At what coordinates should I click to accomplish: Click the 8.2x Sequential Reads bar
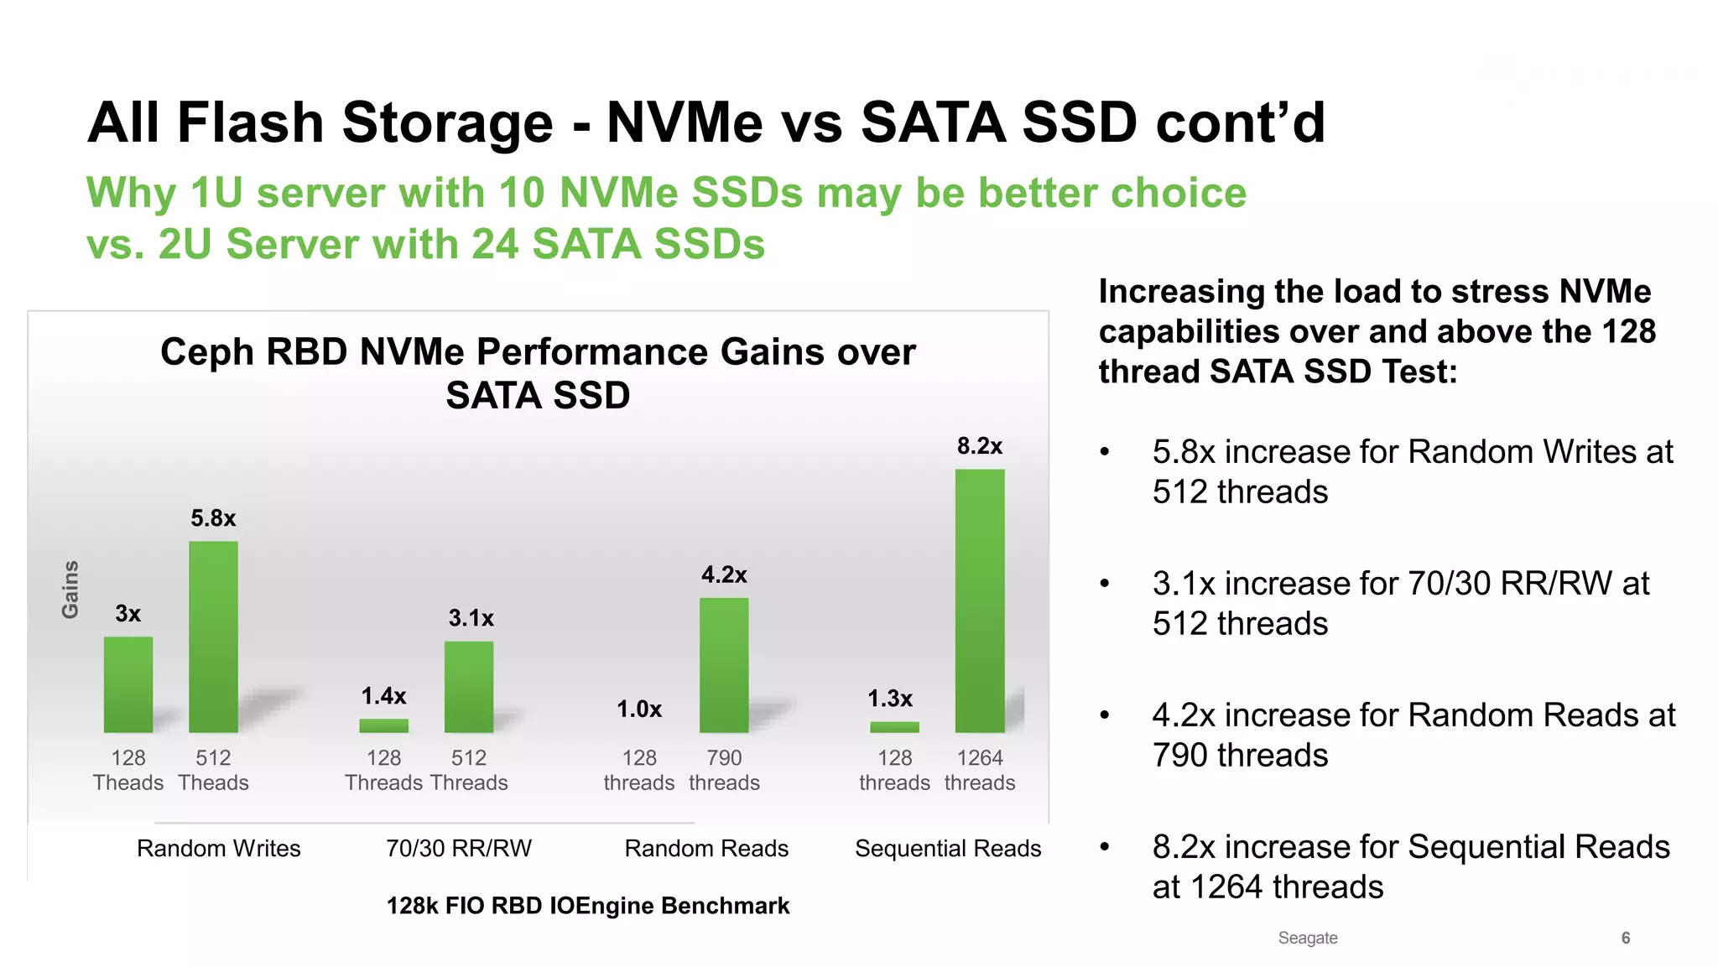click(x=979, y=600)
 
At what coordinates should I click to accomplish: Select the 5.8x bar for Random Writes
click(x=213, y=637)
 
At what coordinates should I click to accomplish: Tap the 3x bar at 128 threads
click(x=128, y=684)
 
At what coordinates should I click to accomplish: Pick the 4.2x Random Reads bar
click(x=724, y=665)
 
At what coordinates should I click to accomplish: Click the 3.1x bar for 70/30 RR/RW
click(x=469, y=687)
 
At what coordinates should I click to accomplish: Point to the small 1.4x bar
click(x=383, y=725)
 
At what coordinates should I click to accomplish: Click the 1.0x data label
click(x=639, y=710)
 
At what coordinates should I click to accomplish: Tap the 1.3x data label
click(x=890, y=699)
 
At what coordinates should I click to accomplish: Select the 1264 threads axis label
click(x=979, y=770)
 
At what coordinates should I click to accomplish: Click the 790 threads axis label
click(x=724, y=770)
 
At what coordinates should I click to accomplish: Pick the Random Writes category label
click(x=218, y=849)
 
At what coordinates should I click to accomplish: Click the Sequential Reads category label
click(x=948, y=849)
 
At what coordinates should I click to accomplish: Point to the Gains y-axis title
click(x=70, y=590)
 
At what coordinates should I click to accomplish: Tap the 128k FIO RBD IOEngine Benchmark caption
click(x=587, y=906)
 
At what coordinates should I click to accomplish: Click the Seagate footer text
click(x=1307, y=938)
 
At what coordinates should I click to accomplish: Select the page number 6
click(x=1625, y=938)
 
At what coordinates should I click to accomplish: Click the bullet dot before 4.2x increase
click(x=1105, y=715)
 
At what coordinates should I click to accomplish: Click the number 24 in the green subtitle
click(x=495, y=244)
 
